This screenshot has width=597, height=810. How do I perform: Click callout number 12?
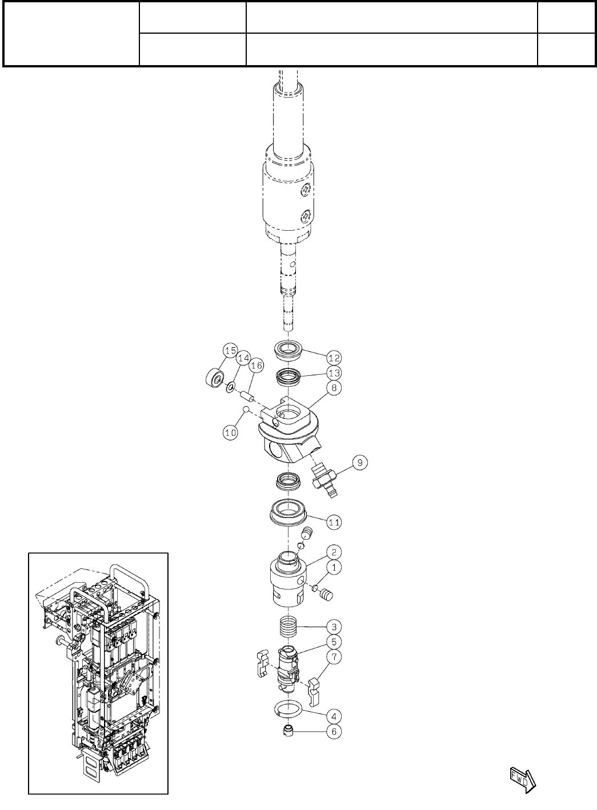(x=334, y=358)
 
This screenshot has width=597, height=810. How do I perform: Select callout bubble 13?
(x=334, y=372)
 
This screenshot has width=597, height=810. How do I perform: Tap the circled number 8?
(x=334, y=388)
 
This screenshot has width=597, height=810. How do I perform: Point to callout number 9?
(x=360, y=463)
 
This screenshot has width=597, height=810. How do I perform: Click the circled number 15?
(x=230, y=350)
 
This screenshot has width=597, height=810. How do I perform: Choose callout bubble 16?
(x=257, y=366)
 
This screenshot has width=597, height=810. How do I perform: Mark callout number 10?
(x=230, y=432)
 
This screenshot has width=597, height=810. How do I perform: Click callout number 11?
(x=334, y=522)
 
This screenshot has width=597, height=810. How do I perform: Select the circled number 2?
(x=334, y=552)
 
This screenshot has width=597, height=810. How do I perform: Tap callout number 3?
(x=334, y=627)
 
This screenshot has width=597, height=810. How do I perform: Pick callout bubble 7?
(x=334, y=657)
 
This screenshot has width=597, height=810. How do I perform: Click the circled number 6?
(x=334, y=731)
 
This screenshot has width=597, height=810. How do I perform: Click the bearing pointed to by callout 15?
(x=214, y=378)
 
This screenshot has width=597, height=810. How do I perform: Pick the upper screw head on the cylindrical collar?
(x=307, y=189)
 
